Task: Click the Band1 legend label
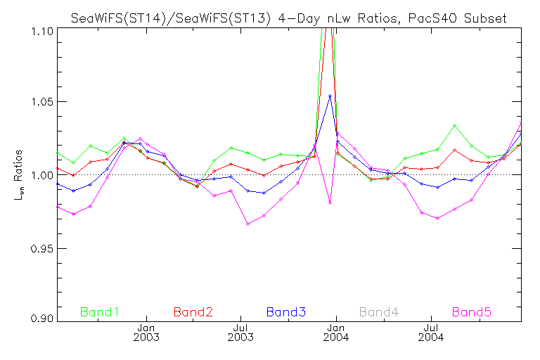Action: pos(100,311)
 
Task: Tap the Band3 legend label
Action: pos(285,311)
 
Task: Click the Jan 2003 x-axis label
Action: pos(147,332)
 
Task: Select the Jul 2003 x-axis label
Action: pos(241,332)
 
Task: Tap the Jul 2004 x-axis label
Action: pos(430,332)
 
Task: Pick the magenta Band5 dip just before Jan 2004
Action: pos(330,202)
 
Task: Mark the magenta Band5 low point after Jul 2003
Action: pos(247,224)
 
